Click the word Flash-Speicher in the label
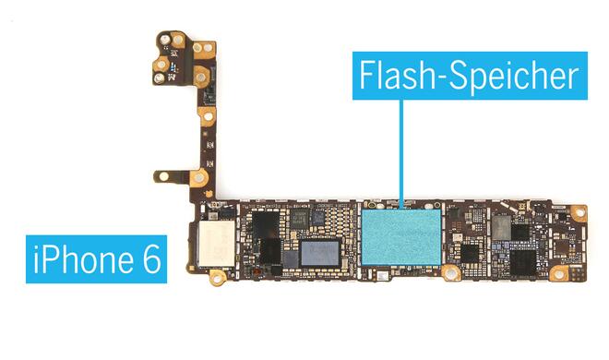pos(470,74)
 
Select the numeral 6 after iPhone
pos(147,258)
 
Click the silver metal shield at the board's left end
pos(214,242)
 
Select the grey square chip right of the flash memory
pos(501,226)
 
